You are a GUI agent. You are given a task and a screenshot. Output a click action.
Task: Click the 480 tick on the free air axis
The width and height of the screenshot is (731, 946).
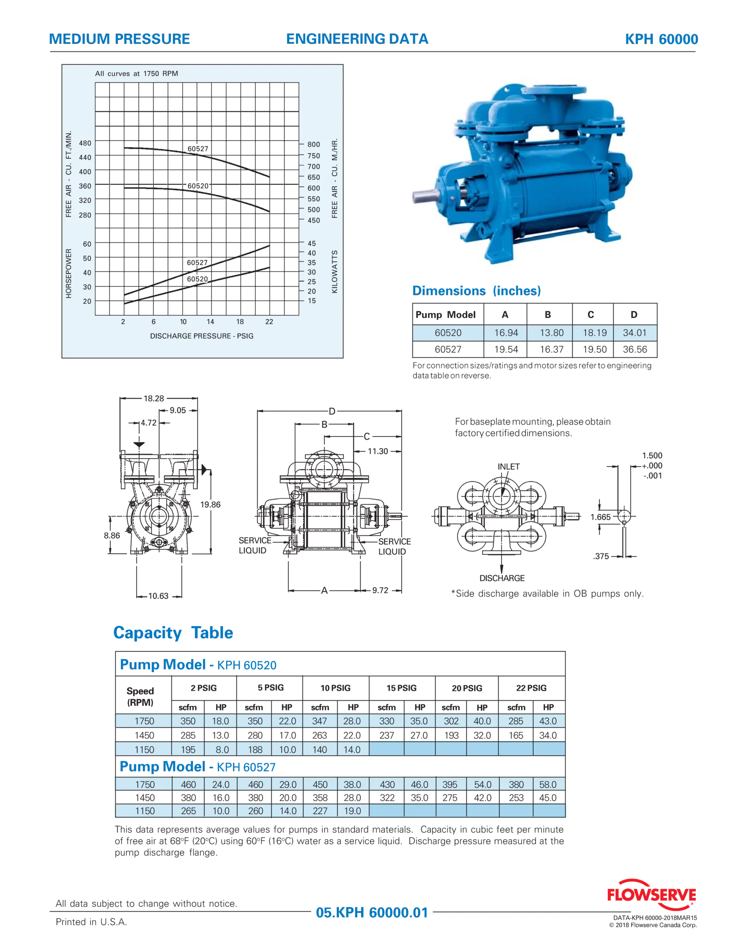tap(85, 143)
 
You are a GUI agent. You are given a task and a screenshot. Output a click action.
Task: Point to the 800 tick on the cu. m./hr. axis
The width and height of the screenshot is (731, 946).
tap(314, 145)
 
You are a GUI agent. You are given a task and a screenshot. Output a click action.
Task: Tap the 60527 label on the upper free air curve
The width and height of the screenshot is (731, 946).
tap(198, 149)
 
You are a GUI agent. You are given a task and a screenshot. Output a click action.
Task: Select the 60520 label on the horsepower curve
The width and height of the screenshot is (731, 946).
tap(197, 279)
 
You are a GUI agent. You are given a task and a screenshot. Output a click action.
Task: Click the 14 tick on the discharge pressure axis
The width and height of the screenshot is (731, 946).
tap(210, 321)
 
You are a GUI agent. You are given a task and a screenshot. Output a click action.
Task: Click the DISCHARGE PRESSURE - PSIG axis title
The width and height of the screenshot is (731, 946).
tap(202, 336)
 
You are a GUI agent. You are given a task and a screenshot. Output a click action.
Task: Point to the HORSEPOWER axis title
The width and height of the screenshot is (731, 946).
tap(69, 273)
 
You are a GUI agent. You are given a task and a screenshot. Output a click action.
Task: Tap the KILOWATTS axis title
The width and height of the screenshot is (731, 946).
tap(335, 272)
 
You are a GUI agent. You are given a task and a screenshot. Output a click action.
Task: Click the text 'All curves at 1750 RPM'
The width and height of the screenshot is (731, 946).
tap(136, 73)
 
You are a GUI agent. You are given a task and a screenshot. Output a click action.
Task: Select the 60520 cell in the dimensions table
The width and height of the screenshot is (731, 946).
tap(448, 333)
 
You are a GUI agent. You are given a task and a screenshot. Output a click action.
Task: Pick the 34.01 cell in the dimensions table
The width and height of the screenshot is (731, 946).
tap(634, 333)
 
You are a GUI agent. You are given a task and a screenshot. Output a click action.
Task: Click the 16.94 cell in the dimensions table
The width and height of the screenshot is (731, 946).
tap(506, 333)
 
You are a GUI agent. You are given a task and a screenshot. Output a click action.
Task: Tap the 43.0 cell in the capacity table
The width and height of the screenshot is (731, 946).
tap(548, 721)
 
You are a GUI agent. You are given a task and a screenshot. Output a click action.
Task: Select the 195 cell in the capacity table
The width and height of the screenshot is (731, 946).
tap(188, 749)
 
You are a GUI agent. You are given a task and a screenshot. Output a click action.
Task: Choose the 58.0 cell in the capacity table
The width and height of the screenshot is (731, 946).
tap(548, 784)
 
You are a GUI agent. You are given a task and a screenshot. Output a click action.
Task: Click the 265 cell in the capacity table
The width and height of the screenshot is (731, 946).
tap(188, 811)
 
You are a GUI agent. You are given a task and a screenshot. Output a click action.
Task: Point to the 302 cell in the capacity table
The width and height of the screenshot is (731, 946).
tap(451, 721)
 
